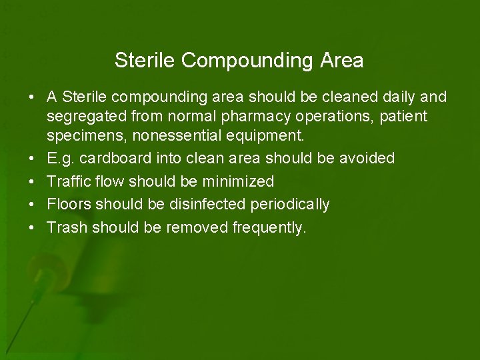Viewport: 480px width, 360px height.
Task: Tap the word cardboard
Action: click(x=115, y=158)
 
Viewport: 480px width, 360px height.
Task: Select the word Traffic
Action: click(x=65, y=181)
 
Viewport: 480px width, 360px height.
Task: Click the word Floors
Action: click(x=65, y=204)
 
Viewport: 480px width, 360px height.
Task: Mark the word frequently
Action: click(x=269, y=227)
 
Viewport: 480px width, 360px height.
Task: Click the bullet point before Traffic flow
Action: click(x=31, y=181)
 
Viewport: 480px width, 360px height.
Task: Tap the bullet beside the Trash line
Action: click(x=31, y=227)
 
